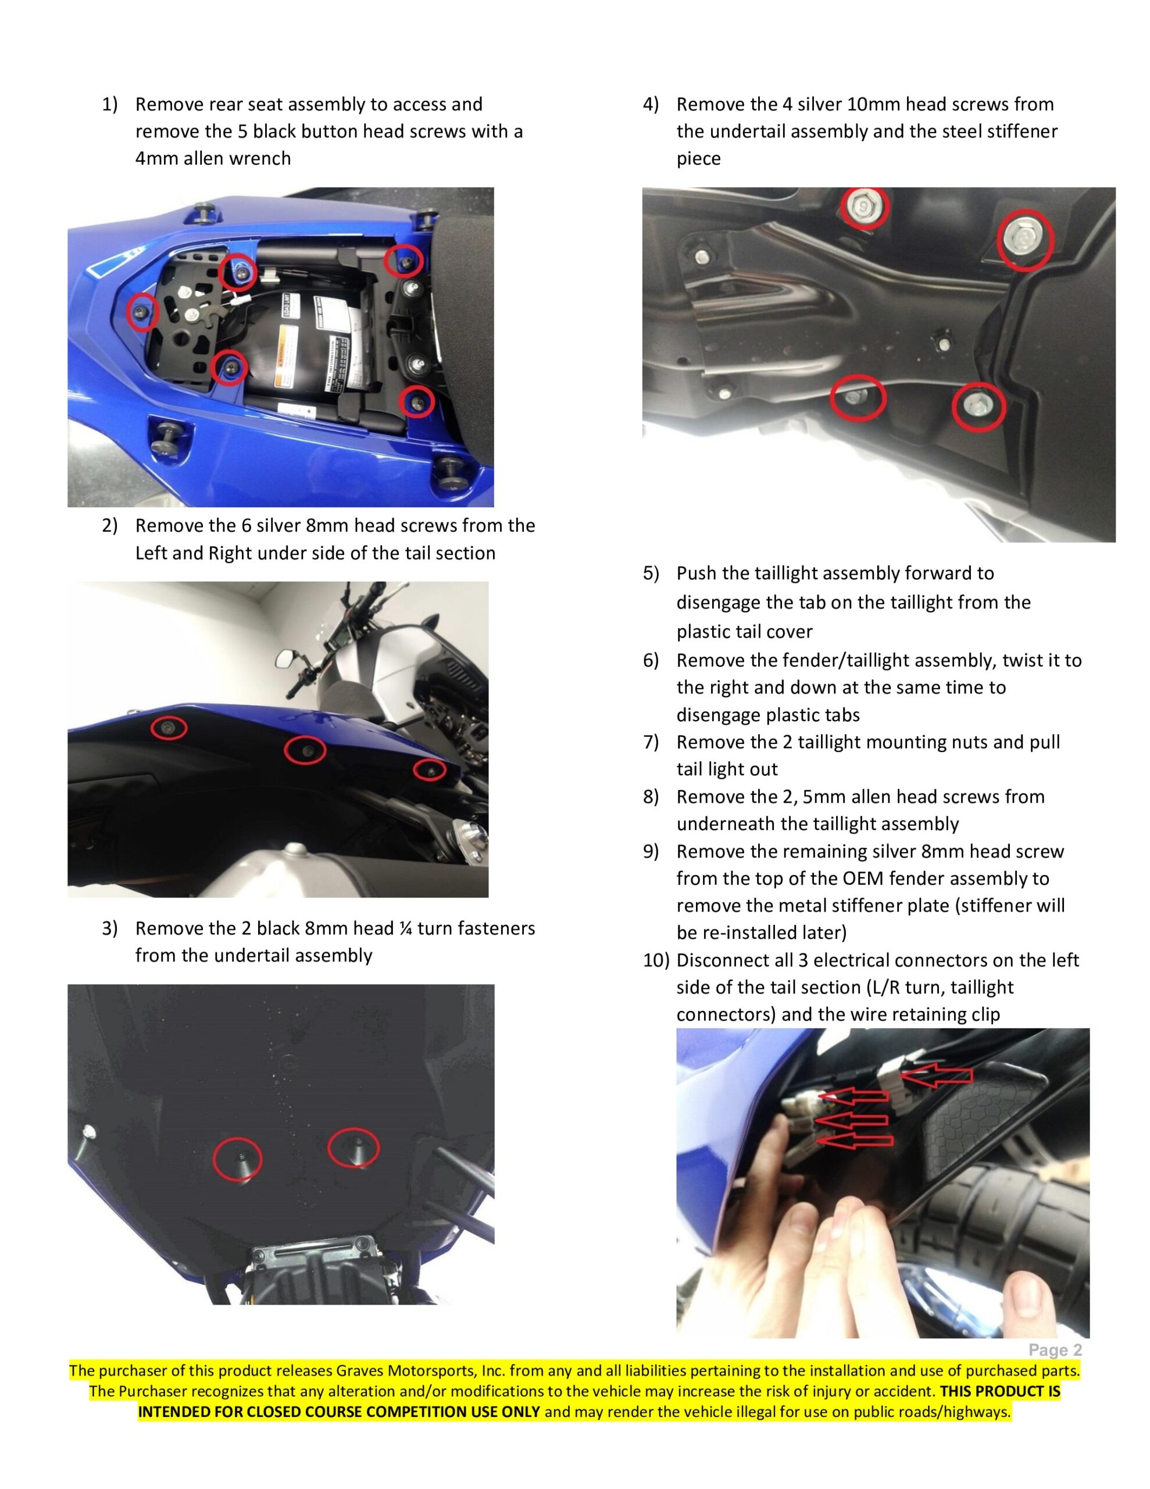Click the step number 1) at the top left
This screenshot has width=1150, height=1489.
(x=109, y=104)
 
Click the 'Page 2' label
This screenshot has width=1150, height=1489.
(x=1055, y=1350)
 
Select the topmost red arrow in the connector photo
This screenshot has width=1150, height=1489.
(x=937, y=1077)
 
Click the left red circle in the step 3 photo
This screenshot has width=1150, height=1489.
(x=237, y=1157)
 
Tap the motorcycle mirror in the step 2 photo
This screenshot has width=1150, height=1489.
(x=285, y=658)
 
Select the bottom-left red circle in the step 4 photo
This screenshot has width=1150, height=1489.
(x=858, y=397)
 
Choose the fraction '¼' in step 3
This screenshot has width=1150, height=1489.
(x=406, y=928)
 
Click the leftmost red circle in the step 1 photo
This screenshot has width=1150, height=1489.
(x=142, y=312)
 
